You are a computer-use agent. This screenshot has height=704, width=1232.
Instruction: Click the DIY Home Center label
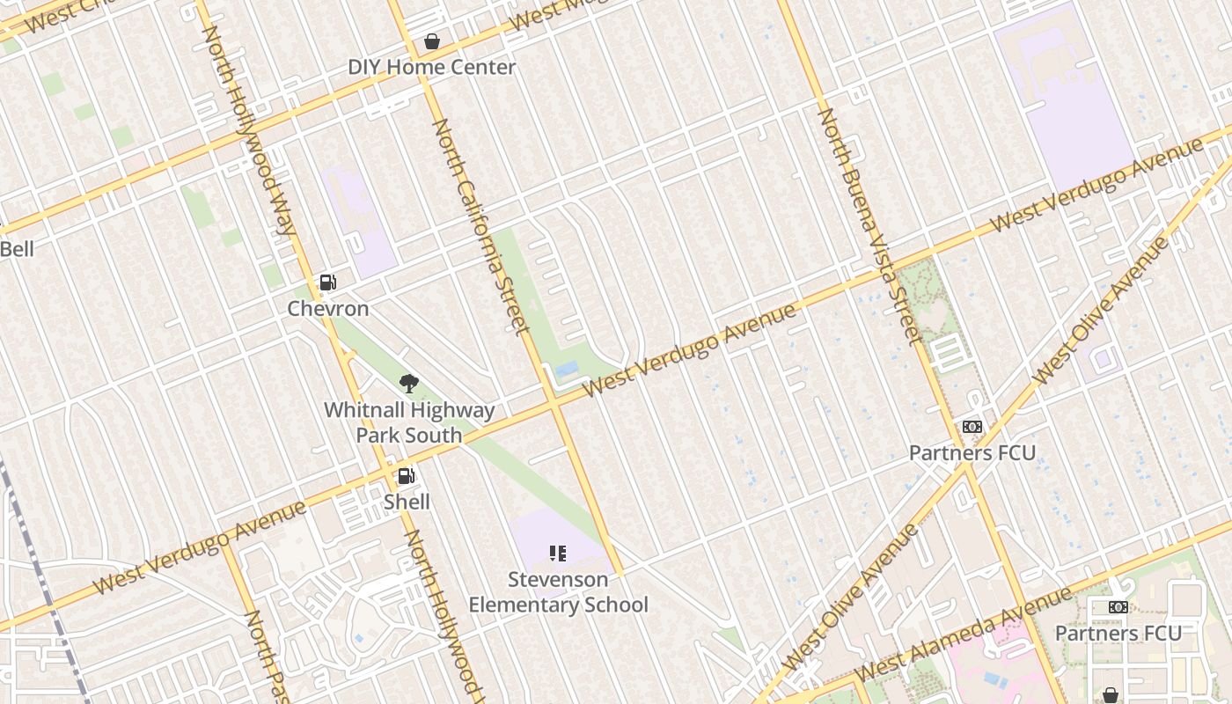431,67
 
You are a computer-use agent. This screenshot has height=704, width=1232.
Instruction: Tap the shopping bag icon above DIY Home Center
432,41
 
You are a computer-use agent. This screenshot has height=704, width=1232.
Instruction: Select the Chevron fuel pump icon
327,282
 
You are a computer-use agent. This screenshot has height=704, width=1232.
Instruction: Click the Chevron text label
328,309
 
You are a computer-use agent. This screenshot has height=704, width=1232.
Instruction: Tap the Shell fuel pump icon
407,476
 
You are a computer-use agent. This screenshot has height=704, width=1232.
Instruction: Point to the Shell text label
407,502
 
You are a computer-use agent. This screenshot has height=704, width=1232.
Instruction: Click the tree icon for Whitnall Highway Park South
408,383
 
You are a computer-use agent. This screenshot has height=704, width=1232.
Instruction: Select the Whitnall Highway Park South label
409,422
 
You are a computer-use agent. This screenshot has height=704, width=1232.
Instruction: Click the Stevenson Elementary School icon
558,554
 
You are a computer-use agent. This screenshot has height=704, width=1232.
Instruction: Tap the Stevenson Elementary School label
558,592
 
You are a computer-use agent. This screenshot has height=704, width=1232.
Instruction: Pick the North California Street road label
480,227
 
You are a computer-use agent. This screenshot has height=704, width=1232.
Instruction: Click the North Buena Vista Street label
869,225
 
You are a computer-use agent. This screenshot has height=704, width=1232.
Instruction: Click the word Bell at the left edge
17,249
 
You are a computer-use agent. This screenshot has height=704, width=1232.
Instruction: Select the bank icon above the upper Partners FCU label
972,427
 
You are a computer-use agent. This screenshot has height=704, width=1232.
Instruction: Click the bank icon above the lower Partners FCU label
1118,607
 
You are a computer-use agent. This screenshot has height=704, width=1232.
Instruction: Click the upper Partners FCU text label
972,453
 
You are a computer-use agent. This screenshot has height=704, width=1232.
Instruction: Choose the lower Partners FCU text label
1118,634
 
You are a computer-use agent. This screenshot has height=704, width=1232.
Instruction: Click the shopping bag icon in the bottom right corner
1111,695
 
